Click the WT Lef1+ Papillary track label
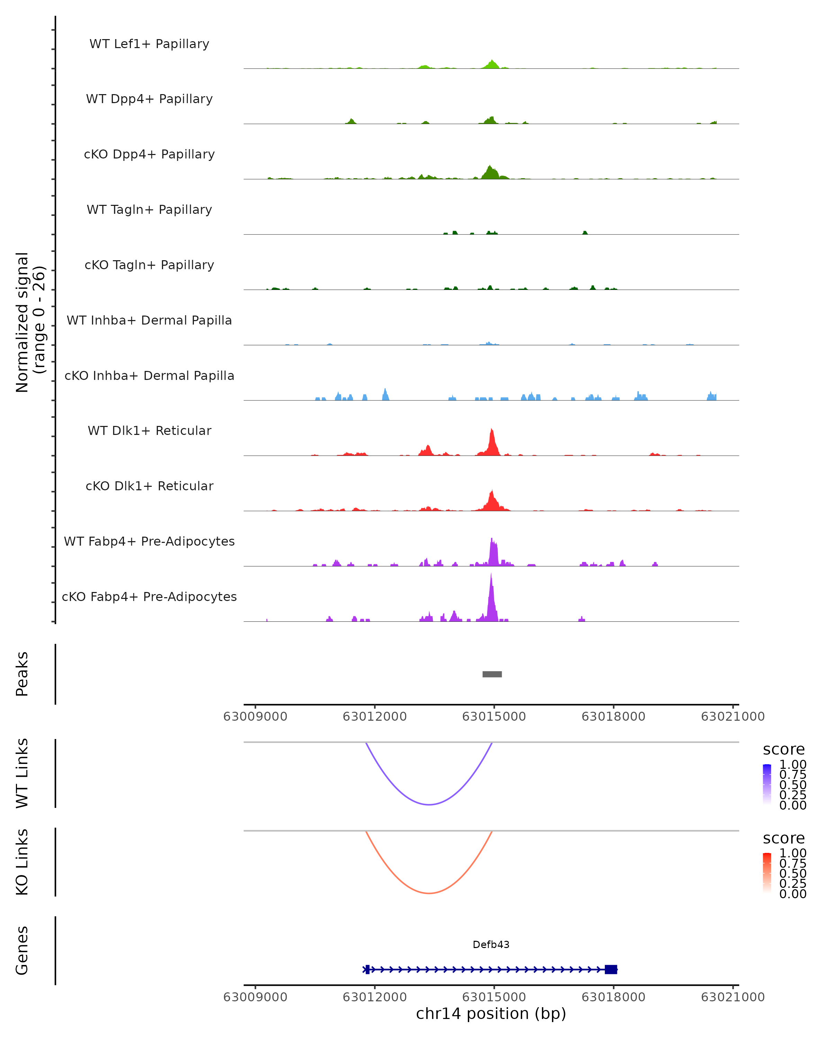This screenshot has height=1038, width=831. pyautogui.click(x=149, y=44)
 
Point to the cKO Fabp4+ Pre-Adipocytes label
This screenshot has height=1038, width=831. pyautogui.click(x=149, y=597)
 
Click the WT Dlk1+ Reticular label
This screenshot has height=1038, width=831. pyautogui.click(x=149, y=430)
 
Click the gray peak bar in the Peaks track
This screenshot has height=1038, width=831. pyautogui.click(x=492, y=674)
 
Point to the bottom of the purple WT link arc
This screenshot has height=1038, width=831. pyautogui.click(x=429, y=804)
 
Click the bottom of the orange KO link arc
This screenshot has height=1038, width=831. pyautogui.click(x=429, y=893)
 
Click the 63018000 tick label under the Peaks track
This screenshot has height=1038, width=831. pyautogui.click(x=613, y=717)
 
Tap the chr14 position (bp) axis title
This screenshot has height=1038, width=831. pyautogui.click(x=491, y=1013)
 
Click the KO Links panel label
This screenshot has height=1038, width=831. pyautogui.click(x=22, y=862)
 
